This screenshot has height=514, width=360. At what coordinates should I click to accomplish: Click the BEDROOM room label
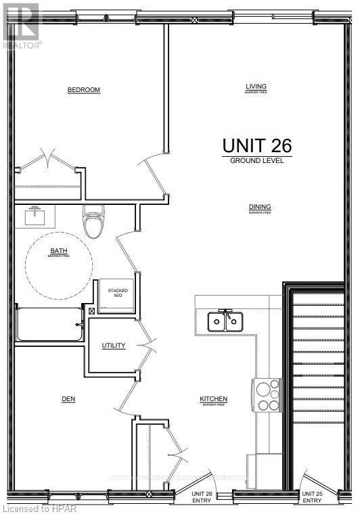pyautogui.click(x=84, y=90)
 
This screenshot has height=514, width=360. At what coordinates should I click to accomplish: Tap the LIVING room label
pyautogui.click(x=256, y=87)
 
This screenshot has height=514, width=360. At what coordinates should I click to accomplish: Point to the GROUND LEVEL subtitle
pyautogui.click(x=256, y=161)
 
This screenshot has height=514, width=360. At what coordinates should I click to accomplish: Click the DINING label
pyautogui.click(x=256, y=208)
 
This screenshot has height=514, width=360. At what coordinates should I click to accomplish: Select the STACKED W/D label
pyautogui.click(x=118, y=293)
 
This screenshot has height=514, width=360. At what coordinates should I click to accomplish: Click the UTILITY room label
pyautogui.click(x=114, y=346)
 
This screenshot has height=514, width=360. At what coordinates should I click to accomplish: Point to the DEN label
pyautogui.click(x=68, y=399)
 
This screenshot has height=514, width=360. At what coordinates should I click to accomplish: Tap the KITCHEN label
pyautogui.click(x=213, y=399)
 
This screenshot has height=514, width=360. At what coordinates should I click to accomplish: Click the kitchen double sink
pyautogui.click(x=224, y=321)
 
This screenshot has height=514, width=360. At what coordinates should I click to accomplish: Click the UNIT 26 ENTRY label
pyautogui.click(x=202, y=498)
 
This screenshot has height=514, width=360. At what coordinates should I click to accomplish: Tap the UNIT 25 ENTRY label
pyautogui.click(x=312, y=498)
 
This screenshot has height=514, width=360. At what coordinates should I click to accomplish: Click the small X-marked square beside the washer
pyautogui.click(x=92, y=311)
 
